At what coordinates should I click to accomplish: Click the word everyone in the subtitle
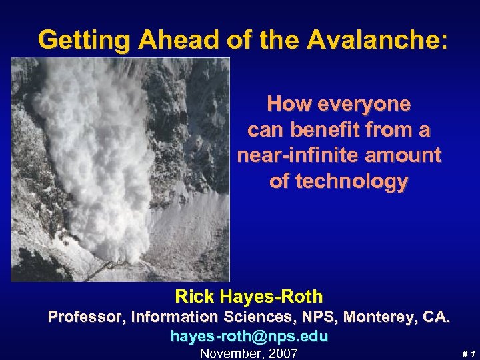tap(368, 104)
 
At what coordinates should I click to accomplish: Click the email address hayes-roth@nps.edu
tap(249, 337)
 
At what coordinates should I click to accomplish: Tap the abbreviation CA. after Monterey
tap(437, 317)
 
